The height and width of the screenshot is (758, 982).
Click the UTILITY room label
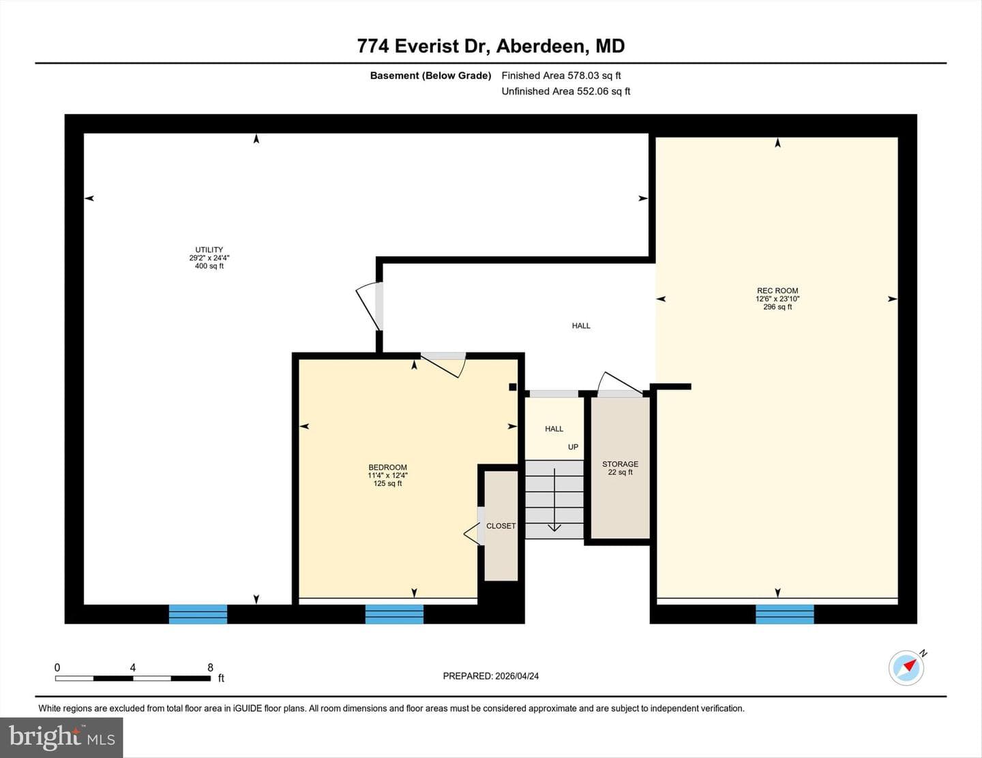(209, 249)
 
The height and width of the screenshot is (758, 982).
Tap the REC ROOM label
(777, 290)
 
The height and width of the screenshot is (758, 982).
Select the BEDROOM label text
(388, 467)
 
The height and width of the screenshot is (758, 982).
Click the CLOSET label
(501, 526)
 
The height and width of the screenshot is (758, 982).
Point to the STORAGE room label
(620, 464)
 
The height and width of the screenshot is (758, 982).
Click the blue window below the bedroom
(394, 614)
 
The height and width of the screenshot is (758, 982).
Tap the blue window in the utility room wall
(198, 614)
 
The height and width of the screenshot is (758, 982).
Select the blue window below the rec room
(784, 614)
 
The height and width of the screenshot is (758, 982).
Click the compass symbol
(906, 667)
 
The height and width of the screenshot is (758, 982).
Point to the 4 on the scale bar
(133, 667)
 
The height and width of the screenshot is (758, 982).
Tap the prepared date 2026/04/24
(517, 676)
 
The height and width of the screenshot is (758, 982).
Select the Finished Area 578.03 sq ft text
(561, 76)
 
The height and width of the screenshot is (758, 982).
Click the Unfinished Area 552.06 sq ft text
(566, 91)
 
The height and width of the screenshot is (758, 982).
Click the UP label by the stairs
(573, 446)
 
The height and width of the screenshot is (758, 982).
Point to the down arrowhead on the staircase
(554, 527)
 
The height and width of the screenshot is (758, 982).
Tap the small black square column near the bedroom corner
(512, 386)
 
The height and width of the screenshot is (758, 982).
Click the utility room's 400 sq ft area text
(209, 266)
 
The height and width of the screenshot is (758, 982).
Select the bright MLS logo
(61, 738)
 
